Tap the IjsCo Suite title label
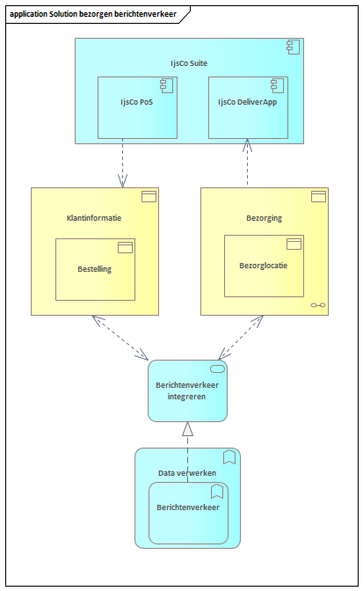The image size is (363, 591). [x=189, y=63]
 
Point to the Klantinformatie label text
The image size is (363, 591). [x=94, y=218]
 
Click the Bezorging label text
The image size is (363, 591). [x=264, y=218]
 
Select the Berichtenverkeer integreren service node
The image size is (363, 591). [x=187, y=390]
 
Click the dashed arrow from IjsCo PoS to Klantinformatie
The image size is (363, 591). [x=122, y=163]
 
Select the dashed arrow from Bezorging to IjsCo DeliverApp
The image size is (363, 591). [x=247, y=163]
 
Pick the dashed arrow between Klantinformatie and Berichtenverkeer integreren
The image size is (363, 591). [x=120, y=338]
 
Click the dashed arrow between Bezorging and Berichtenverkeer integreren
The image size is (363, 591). [x=241, y=338]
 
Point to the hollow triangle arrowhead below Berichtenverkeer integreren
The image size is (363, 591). [x=187, y=429]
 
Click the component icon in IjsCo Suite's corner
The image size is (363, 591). [x=293, y=47]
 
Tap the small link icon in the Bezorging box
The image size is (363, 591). [x=318, y=305]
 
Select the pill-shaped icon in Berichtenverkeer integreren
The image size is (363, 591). [x=217, y=369]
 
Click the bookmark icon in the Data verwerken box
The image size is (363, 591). [x=229, y=457]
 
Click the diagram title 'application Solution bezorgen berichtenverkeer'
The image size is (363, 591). [x=93, y=14]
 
